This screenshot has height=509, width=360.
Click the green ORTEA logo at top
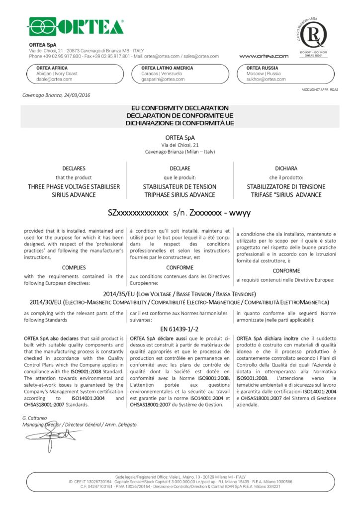point(76,26)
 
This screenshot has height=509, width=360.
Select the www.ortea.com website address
point(264,56)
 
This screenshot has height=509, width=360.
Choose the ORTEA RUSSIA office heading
point(262,68)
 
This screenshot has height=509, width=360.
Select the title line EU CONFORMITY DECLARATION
point(180,108)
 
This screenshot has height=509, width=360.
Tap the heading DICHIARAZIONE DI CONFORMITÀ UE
point(180,123)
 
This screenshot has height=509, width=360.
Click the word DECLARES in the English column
point(74,169)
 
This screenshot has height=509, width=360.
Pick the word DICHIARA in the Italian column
point(286,169)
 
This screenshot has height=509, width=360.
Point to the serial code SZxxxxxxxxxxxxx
point(138,213)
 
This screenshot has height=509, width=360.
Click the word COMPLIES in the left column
point(74,267)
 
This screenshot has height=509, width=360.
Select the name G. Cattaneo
point(34,418)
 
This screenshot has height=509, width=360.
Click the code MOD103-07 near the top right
point(312,89)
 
